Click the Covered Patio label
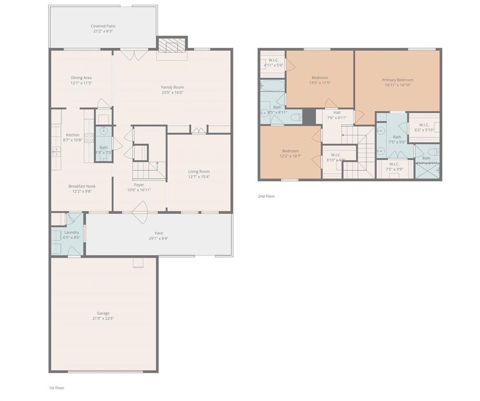[x=103, y=26]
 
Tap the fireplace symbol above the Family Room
[x=172, y=46]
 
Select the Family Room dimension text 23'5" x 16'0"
[x=172, y=93]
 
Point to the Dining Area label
[x=81, y=78]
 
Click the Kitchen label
[x=73, y=135]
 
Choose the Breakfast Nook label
[x=81, y=186]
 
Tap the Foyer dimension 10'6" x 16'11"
[x=139, y=190]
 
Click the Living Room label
[x=199, y=171]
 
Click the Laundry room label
[x=72, y=232]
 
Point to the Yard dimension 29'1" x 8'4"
[x=158, y=239]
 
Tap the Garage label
[x=103, y=313]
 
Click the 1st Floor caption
[x=56, y=388]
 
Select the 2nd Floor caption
[x=266, y=196]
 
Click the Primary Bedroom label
[x=397, y=80]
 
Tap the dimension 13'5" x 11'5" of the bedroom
[x=320, y=83]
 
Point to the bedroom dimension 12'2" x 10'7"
[x=290, y=156]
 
